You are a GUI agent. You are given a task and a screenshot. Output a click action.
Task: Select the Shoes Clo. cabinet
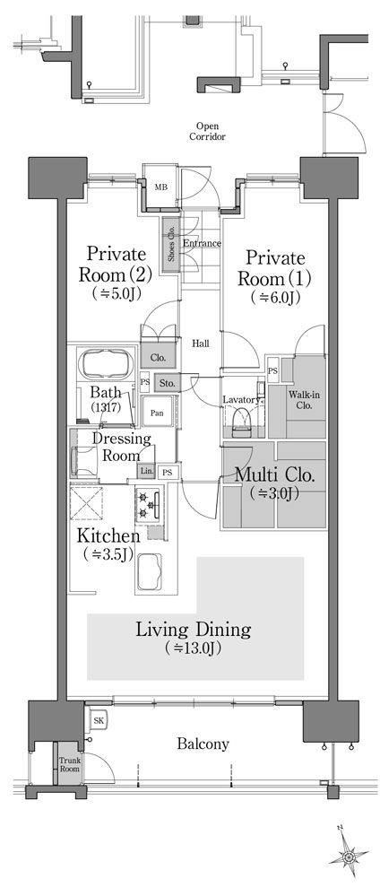(x=170, y=247)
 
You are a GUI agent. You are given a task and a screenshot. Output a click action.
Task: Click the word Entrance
(x=201, y=243)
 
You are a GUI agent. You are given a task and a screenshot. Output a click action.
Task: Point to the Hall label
(x=200, y=344)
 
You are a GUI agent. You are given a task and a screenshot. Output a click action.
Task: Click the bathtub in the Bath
(x=106, y=363)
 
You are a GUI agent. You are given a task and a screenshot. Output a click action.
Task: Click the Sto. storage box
(x=167, y=383)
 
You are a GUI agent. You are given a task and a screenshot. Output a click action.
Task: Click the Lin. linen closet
(x=146, y=472)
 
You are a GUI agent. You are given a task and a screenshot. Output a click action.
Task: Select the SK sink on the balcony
(x=99, y=720)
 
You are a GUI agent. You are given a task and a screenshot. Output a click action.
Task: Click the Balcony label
(x=203, y=744)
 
